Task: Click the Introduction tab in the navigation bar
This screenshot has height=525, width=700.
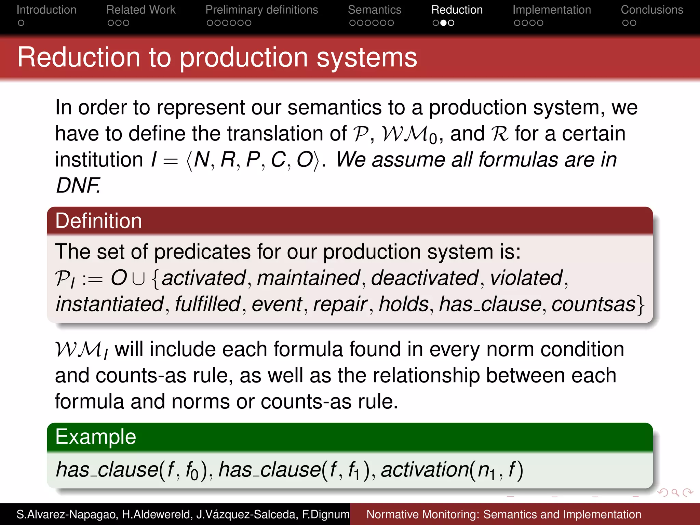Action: pyautogui.click(x=46, y=10)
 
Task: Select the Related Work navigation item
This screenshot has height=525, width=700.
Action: pyautogui.click(x=141, y=10)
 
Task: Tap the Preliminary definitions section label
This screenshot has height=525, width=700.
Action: pyautogui.click(x=261, y=10)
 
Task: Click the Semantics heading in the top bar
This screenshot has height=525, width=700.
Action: pyautogui.click(x=374, y=10)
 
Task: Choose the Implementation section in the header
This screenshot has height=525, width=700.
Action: pyautogui.click(x=551, y=10)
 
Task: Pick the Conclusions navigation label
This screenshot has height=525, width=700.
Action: pyautogui.click(x=652, y=10)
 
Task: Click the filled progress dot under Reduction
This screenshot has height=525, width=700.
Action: pyautogui.click(x=443, y=23)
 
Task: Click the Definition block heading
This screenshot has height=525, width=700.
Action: pyautogui.click(x=98, y=221)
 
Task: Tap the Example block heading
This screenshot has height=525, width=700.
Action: pyautogui.click(x=96, y=437)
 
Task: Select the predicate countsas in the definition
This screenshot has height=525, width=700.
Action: pyautogui.click(x=593, y=304)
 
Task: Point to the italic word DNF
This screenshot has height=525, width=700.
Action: pyautogui.click(x=78, y=185)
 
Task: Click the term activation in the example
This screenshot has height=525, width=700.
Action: pyautogui.click(x=425, y=469)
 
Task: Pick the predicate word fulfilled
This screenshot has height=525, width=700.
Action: pyautogui.click(x=208, y=304)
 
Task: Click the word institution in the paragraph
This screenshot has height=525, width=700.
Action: pyautogui.click(x=99, y=160)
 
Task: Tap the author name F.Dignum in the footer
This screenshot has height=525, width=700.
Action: pyautogui.click(x=325, y=514)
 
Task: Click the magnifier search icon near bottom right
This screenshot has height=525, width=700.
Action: pyautogui.click(x=675, y=493)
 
